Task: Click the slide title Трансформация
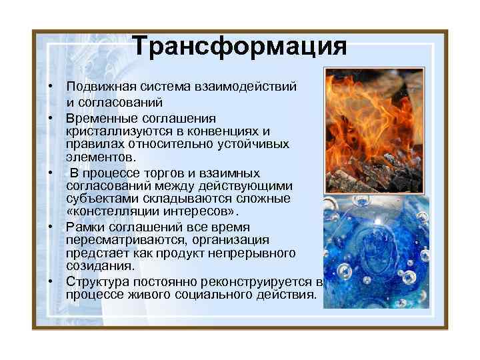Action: point(239,47)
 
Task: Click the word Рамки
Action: point(83,227)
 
